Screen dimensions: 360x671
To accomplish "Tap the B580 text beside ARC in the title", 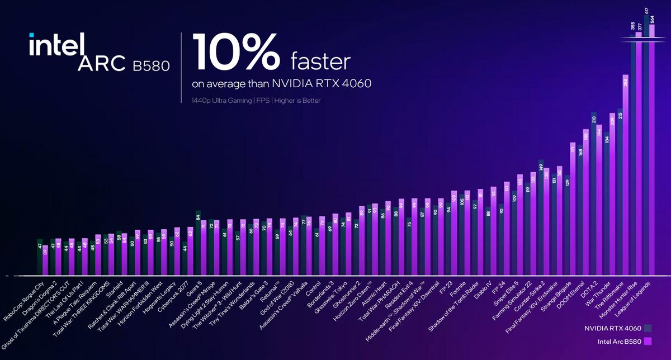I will click(152, 66).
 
